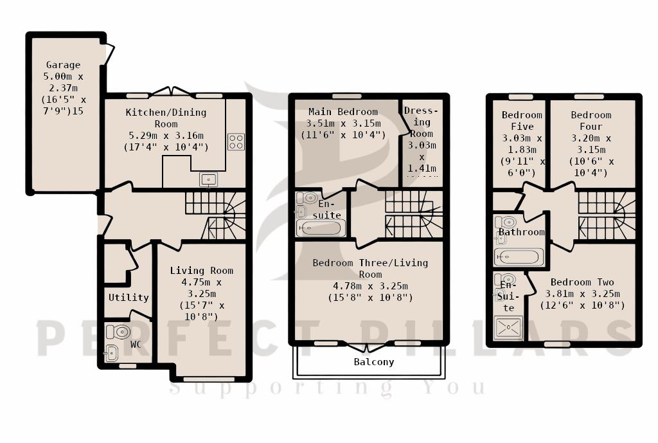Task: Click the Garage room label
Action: (x=63, y=65)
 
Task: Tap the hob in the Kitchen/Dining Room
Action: (x=236, y=141)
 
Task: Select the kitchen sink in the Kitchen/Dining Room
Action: (x=208, y=179)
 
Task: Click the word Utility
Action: (x=129, y=298)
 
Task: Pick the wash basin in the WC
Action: (x=111, y=352)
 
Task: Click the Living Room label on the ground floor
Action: (x=201, y=271)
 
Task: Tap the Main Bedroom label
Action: (x=342, y=112)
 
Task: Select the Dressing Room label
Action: (x=422, y=122)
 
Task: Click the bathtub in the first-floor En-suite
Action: (x=321, y=228)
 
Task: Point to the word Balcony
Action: (x=374, y=362)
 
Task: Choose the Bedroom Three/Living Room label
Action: (x=369, y=268)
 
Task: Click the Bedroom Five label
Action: (x=522, y=121)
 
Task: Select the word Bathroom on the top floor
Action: (x=521, y=232)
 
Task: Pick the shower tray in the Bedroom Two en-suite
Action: (x=508, y=328)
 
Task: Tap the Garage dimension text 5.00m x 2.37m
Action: (x=63, y=82)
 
